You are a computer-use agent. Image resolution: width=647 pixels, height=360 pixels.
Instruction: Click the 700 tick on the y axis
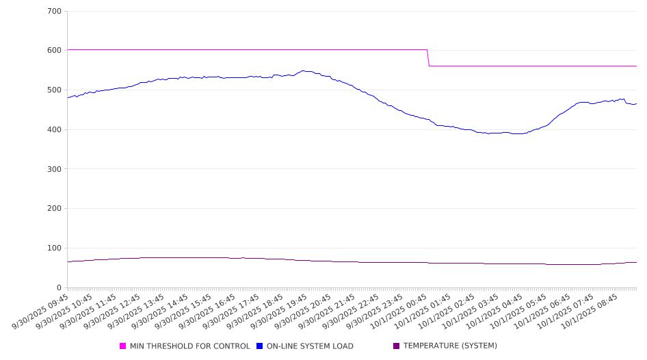(53, 12)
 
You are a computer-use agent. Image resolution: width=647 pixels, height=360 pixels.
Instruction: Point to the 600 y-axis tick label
(53, 51)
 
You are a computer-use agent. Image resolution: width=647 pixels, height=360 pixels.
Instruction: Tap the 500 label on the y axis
(53, 90)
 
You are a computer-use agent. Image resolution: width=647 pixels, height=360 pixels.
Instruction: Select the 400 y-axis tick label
(53, 130)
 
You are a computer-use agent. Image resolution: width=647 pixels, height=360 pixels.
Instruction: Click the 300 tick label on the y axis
(53, 169)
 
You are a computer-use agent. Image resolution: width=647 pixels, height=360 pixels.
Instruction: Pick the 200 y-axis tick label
(53, 209)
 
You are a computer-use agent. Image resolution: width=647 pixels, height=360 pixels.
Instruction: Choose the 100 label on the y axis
(53, 248)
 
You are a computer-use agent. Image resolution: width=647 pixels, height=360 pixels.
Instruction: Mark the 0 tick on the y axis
(59, 288)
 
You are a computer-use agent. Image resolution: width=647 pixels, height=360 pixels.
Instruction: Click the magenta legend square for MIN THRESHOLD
(123, 346)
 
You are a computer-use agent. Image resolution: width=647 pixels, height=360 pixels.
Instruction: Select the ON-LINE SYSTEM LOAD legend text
(310, 346)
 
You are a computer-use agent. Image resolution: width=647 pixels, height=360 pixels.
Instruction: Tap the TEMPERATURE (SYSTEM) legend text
(450, 346)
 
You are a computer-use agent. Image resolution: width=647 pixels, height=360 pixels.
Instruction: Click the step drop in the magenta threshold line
(428, 58)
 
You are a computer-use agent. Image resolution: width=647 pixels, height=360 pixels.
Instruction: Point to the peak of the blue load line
(304, 70)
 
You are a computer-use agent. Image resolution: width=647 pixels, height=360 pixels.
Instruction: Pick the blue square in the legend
(260, 346)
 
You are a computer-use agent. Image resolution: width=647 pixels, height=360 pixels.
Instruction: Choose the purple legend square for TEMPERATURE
(397, 346)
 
